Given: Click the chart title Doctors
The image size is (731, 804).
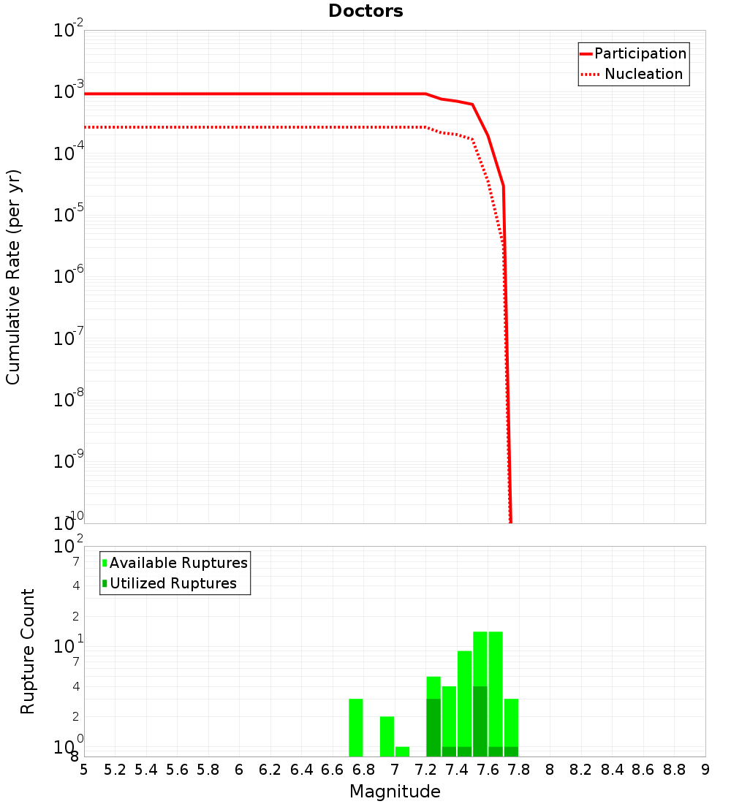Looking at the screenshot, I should (x=365, y=11).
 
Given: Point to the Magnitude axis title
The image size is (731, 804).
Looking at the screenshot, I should (x=395, y=792).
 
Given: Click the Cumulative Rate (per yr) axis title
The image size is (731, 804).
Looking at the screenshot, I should (x=13, y=277).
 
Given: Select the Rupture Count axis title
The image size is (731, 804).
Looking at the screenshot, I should (x=28, y=651).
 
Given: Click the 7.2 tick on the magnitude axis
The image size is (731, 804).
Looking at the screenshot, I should (x=425, y=770).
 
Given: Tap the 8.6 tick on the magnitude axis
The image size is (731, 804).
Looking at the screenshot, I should (x=643, y=770).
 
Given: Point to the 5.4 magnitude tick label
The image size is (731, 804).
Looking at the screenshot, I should (x=145, y=770).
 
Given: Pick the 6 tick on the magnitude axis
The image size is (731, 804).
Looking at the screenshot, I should (x=239, y=770).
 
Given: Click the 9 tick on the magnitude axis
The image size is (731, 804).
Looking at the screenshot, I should (x=705, y=770).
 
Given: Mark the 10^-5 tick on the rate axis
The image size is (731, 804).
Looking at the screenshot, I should (x=69, y=215).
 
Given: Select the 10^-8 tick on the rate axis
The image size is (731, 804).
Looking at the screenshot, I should (x=69, y=400).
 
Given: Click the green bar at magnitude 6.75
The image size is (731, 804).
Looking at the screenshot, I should (x=356, y=727).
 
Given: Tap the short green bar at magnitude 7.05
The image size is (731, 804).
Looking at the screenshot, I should (x=402, y=751).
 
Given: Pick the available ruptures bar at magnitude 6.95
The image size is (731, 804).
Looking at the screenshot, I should (x=387, y=736).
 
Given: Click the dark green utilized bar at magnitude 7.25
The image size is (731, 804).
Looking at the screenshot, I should (x=433, y=727).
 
